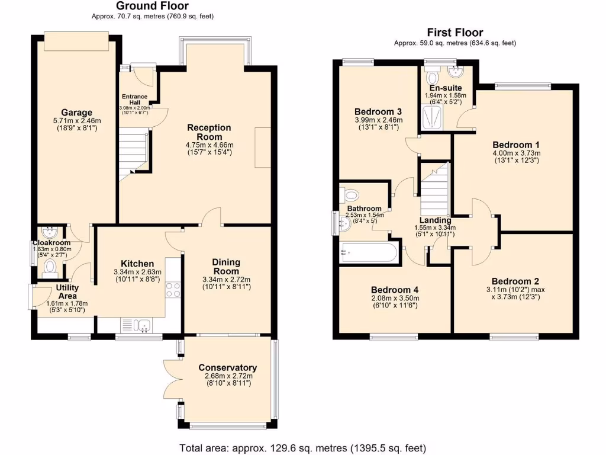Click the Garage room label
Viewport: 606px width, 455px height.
click(76, 113)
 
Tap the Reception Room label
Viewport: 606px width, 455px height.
click(209, 132)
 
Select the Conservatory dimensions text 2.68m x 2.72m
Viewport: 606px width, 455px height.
click(227, 376)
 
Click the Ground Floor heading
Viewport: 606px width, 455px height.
click(152, 7)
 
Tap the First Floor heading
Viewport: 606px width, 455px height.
click(454, 33)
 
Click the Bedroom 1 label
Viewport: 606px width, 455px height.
click(515, 145)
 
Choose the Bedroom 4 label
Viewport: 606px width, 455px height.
click(395, 290)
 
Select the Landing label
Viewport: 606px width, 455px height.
click(434, 220)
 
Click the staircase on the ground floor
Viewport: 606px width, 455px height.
click(134, 153)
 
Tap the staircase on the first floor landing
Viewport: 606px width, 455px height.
click(435, 185)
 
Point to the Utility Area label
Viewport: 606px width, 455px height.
click(67, 291)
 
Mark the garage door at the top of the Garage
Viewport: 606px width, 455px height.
click(76, 41)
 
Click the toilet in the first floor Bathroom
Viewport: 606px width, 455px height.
click(350, 195)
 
